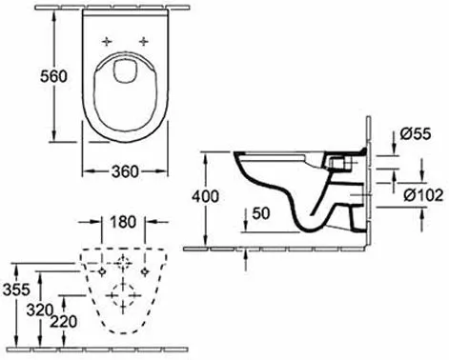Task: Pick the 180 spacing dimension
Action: [x=123, y=223]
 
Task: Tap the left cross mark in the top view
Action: [x=107, y=41]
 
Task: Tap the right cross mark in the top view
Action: [x=144, y=41]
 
